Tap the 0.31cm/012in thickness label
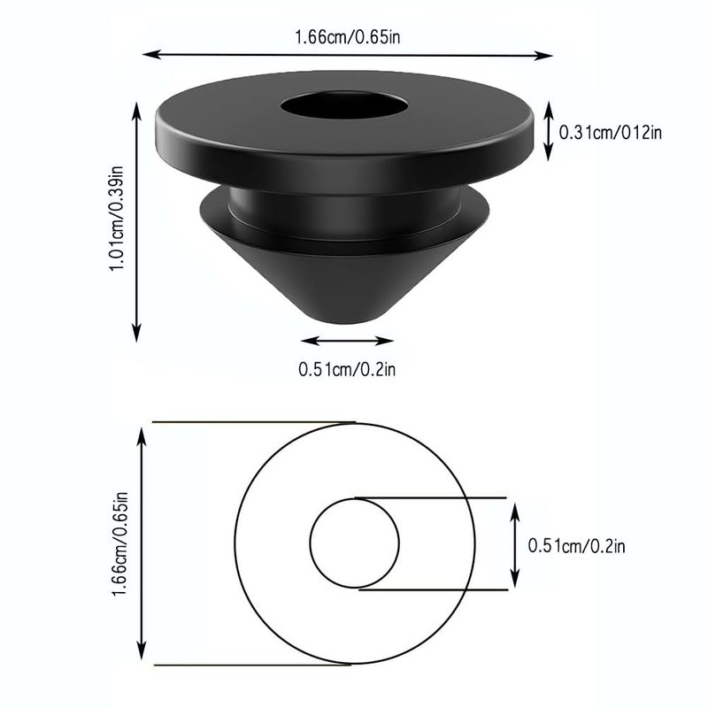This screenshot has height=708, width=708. pyautogui.click(x=611, y=133)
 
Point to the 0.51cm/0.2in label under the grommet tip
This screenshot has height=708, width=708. pyautogui.click(x=347, y=370)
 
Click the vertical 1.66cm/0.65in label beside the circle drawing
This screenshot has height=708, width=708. pyautogui.click(x=121, y=544)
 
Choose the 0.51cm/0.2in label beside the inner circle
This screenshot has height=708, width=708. pyautogui.click(x=576, y=546)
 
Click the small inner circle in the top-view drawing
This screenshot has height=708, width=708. pyautogui.click(x=354, y=543)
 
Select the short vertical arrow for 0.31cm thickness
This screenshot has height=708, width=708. pyautogui.click(x=548, y=131)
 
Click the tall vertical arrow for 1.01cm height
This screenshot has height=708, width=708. pyautogui.click(x=136, y=221)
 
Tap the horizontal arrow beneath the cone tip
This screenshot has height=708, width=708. pyautogui.click(x=346, y=341)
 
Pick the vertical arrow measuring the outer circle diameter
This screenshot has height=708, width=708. pyautogui.click(x=142, y=544)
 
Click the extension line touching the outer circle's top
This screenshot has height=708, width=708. pyautogui.click(x=257, y=422)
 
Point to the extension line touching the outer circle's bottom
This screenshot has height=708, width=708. pyautogui.click(x=257, y=666)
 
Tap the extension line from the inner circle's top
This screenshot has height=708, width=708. pyautogui.click(x=434, y=498)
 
